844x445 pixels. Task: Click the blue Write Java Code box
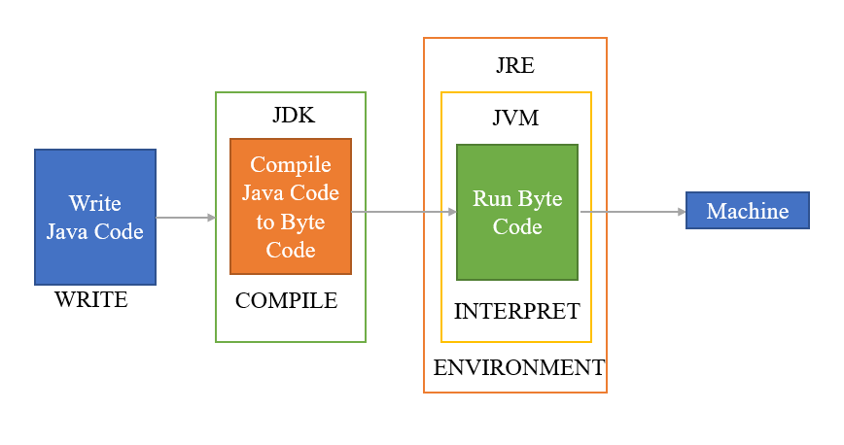[x=95, y=217]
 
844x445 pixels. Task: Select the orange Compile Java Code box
[x=291, y=206]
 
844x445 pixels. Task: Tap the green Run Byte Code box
[x=517, y=212]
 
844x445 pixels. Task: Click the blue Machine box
[x=747, y=211]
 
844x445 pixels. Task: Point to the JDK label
[x=293, y=116]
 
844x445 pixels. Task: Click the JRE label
[x=514, y=66]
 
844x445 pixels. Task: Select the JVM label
[x=515, y=119]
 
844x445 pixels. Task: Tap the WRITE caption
[x=91, y=300]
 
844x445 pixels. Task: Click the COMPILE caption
[x=286, y=301]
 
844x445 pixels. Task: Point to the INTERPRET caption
[x=516, y=312]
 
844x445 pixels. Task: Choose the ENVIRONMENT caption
[x=518, y=368]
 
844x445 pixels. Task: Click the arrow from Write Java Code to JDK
[x=185, y=218]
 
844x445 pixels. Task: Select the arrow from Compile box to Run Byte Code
[x=404, y=212]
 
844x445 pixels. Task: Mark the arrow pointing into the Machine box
[x=632, y=211]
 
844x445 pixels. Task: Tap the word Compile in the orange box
[x=291, y=165]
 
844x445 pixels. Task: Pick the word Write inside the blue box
[x=95, y=203]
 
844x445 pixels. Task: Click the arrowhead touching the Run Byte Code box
[x=451, y=212]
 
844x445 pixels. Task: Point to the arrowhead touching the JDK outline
[x=210, y=218]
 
